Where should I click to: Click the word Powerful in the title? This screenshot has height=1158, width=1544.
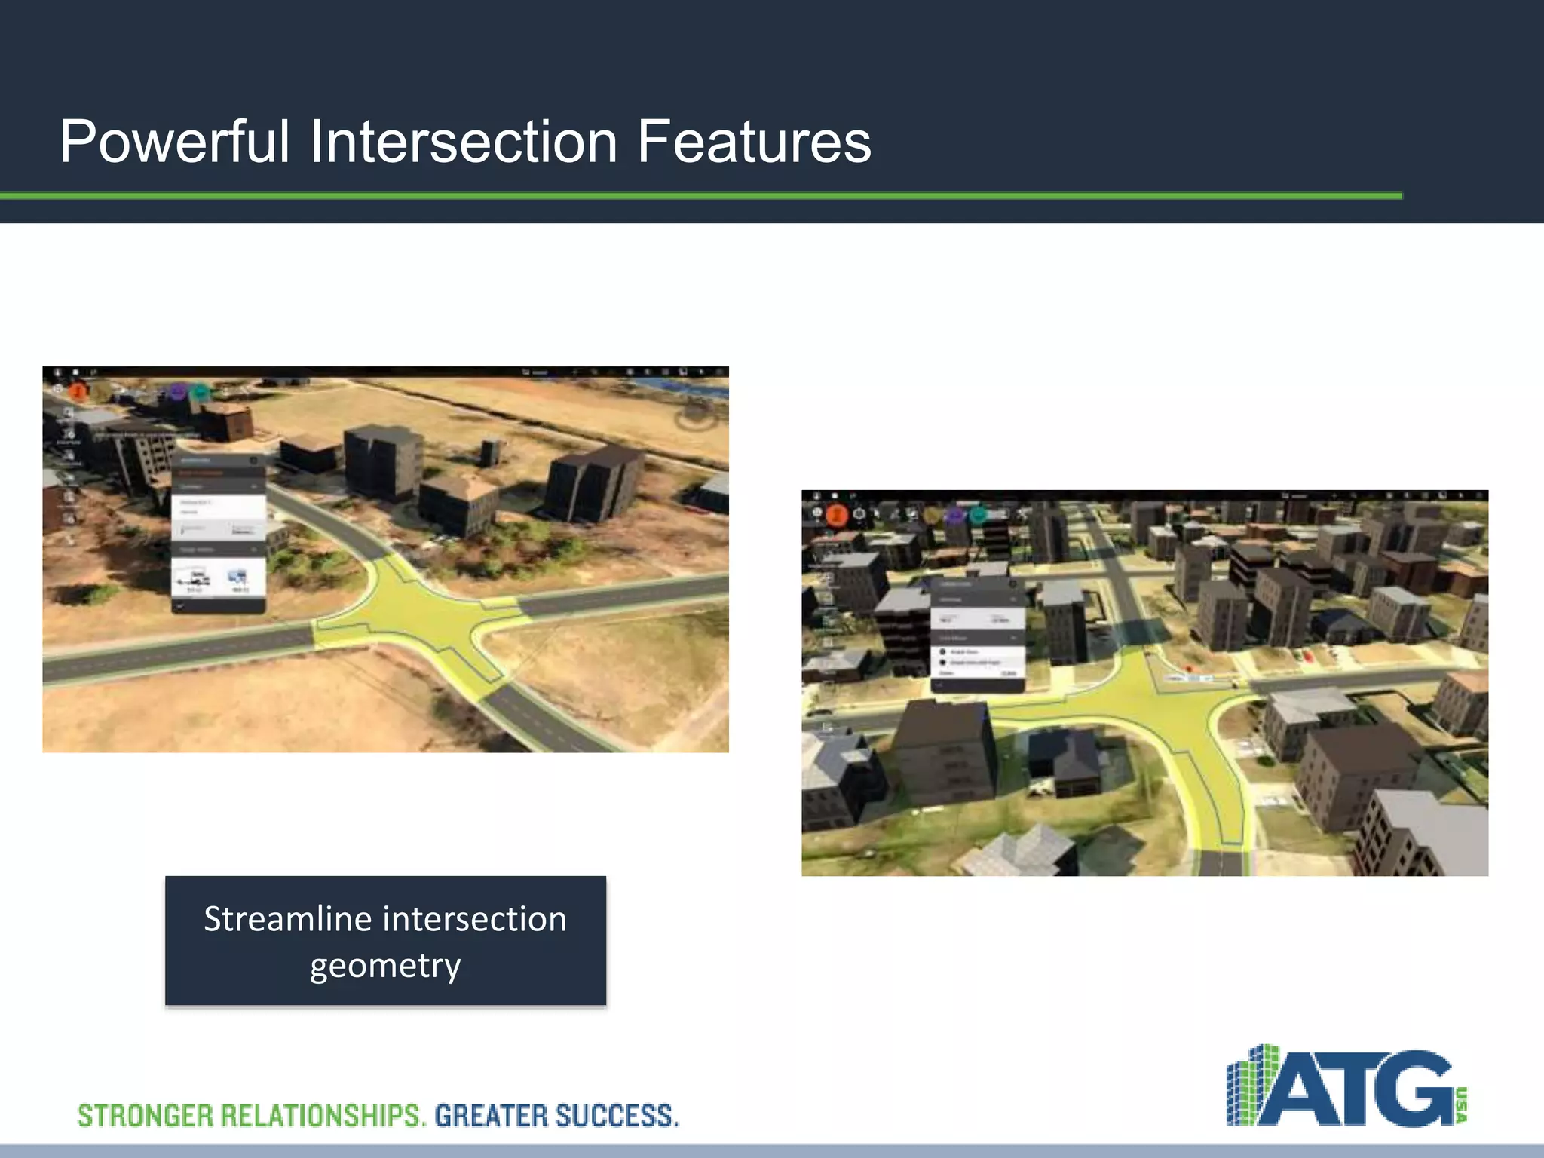(x=174, y=142)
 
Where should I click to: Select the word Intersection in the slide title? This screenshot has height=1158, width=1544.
(x=464, y=142)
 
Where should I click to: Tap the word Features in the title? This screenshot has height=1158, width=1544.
(x=753, y=142)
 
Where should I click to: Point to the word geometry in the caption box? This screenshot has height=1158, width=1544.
(x=385, y=966)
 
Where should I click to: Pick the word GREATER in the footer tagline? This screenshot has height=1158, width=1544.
(x=490, y=1116)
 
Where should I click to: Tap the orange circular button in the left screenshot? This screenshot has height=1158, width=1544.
(x=78, y=391)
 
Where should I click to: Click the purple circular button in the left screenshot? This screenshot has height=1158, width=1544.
(x=178, y=391)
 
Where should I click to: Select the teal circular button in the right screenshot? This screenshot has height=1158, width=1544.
(x=978, y=515)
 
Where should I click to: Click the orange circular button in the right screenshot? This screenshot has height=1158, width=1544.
(x=837, y=515)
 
